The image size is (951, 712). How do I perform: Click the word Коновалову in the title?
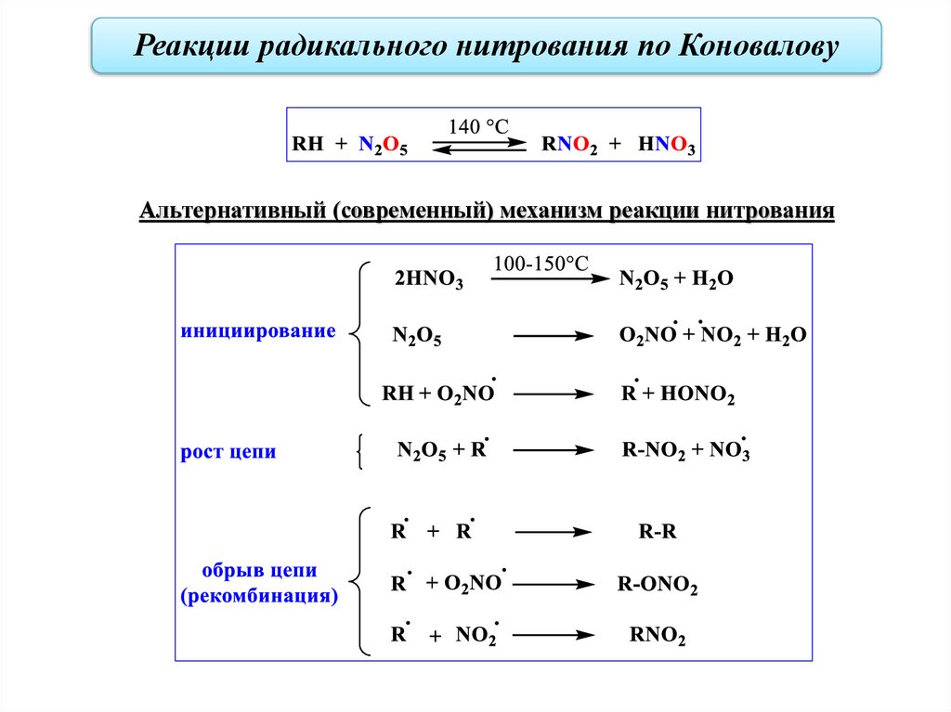tap(760, 45)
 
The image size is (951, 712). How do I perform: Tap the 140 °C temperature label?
tap(478, 127)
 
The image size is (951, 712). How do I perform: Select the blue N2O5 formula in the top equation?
tap(384, 146)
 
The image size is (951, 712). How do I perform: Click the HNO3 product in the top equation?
tap(666, 146)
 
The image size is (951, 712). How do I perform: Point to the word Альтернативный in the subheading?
tap(231, 211)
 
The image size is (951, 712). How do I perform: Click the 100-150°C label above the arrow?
tap(541, 264)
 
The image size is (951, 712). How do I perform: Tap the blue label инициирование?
tap(258, 331)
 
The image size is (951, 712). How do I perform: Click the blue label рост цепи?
tap(228, 453)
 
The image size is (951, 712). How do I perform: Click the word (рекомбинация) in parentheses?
tap(259, 595)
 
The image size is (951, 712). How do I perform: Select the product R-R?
tap(658, 533)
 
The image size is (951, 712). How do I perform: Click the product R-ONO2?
tap(657, 586)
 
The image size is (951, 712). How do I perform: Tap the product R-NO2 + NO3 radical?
tap(684, 452)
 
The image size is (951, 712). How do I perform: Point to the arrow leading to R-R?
tap(554, 533)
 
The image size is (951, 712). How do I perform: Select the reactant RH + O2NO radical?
tap(436, 395)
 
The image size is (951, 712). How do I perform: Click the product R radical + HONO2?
tap(677, 395)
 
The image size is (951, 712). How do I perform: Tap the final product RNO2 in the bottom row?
tap(658, 638)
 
